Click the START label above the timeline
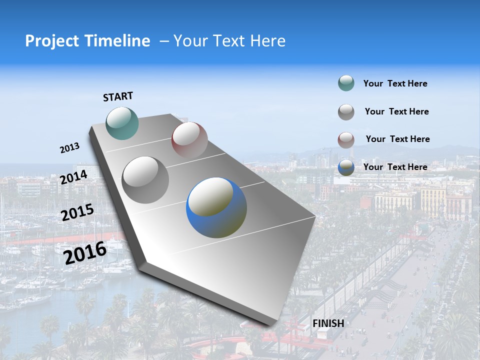click(118, 96)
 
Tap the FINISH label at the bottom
click(328, 323)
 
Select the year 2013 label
click(69, 148)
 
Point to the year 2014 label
click(73, 177)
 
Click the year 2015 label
click(77, 212)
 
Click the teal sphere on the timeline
click(122, 123)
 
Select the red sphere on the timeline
click(189, 139)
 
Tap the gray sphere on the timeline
click(145, 179)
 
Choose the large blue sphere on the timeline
click(216, 207)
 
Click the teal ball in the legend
click(346, 83)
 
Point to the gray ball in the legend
click(346, 112)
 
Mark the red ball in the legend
click(346, 140)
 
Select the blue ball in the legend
click(346, 167)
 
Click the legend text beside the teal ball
click(395, 83)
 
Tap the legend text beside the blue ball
click(395, 167)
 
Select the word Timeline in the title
click(118, 41)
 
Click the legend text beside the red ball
click(397, 139)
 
